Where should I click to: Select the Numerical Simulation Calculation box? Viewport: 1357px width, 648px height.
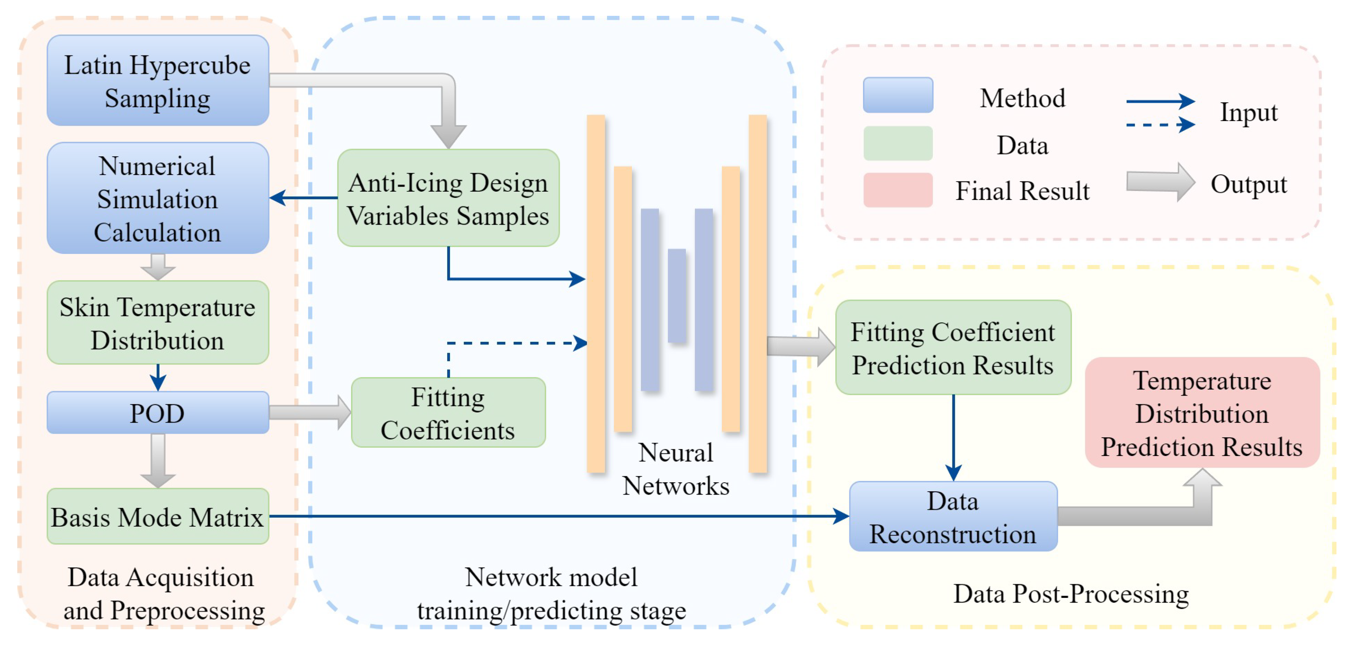pyautogui.click(x=157, y=198)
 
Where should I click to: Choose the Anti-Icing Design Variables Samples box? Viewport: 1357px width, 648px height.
pyautogui.click(x=448, y=198)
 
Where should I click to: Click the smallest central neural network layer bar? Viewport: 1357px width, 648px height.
pyautogui.click(x=677, y=296)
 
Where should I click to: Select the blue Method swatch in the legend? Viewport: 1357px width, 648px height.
pyautogui.click(x=898, y=95)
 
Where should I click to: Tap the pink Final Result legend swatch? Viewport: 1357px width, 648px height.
pyautogui.click(x=898, y=190)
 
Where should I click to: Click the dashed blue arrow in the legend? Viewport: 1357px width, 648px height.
pyautogui.click(x=1159, y=125)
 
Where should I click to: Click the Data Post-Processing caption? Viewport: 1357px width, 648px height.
pyautogui.click(x=1071, y=594)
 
